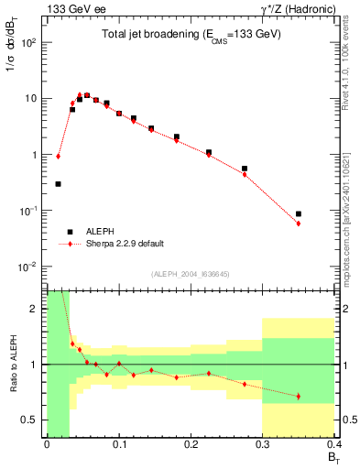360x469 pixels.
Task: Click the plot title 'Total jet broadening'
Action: pos(191,34)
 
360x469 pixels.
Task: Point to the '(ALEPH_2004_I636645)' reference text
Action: pos(191,274)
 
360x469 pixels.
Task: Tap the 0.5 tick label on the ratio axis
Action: pos(31,420)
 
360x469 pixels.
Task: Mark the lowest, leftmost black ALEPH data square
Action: pos(58,183)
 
